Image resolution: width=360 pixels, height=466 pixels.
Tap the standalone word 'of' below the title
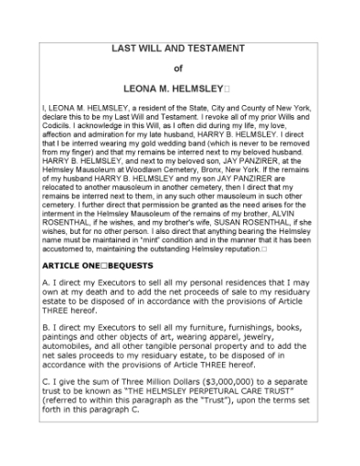click(178, 69)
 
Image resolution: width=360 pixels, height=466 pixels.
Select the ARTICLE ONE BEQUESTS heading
click(96, 264)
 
